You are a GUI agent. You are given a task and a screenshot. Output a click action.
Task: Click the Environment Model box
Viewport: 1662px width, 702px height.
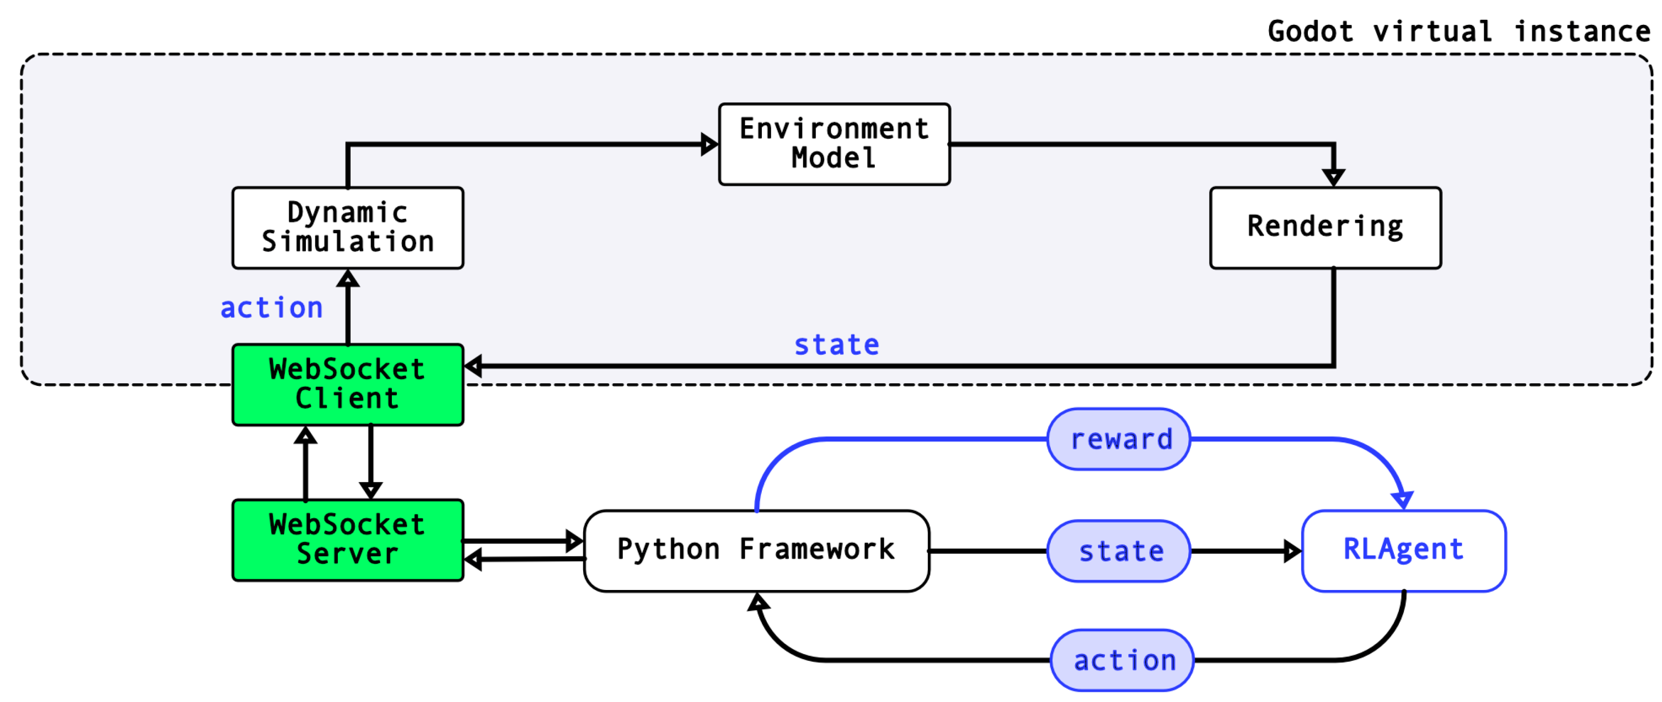pyautogui.click(x=834, y=144)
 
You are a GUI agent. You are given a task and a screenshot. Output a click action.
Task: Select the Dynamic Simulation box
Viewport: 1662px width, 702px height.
pyautogui.click(x=347, y=228)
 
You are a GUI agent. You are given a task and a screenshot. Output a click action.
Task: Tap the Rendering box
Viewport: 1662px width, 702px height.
pyautogui.click(x=1325, y=228)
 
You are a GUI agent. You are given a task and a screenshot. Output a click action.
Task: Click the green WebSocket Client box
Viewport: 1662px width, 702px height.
pyautogui.click(x=347, y=384)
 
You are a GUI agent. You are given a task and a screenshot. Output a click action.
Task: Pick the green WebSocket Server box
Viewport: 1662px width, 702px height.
pyautogui.click(x=347, y=540)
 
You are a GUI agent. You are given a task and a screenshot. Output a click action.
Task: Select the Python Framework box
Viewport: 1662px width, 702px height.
pyautogui.click(x=756, y=550)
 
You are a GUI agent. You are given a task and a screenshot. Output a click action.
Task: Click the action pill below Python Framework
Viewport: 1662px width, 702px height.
pyautogui.click(x=1122, y=660)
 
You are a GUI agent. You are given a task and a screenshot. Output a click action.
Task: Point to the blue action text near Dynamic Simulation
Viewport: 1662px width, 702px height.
pyautogui.click(x=272, y=308)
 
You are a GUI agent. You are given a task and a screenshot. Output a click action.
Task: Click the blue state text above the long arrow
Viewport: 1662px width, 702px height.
pyautogui.click(x=836, y=345)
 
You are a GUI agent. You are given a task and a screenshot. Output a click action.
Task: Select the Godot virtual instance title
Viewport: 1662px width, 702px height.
pyautogui.click(x=1458, y=31)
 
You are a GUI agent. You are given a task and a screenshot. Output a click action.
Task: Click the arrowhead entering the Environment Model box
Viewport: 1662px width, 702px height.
pyautogui.click(x=709, y=144)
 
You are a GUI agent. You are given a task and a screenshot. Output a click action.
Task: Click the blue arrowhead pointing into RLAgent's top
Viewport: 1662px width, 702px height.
pyautogui.click(x=1401, y=499)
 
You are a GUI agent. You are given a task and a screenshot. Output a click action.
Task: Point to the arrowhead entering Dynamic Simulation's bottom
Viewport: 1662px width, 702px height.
pyautogui.click(x=348, y=279)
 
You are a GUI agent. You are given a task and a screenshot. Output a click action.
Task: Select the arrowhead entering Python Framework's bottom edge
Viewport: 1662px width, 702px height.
pyautogui.click(x=758, y=602)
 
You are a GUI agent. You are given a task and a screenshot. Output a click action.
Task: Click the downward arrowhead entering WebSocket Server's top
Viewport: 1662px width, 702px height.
pyautogui.click(x=370, y=490)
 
